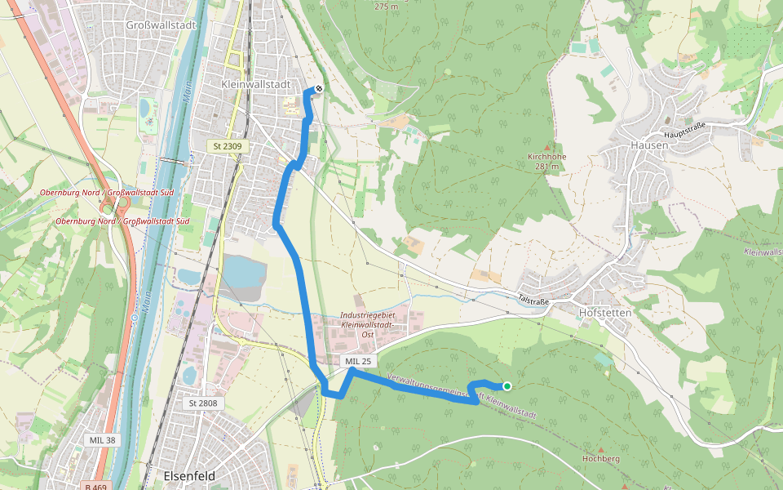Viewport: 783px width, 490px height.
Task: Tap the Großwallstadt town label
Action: [x=161, y=25]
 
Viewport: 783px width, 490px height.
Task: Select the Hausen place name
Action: [x=649, y=145]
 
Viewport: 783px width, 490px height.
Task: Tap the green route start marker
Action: [x=507, y=386]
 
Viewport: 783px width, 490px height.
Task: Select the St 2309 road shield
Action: [x=228, y=146]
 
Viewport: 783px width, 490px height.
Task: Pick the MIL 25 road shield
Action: [x=358, y=361]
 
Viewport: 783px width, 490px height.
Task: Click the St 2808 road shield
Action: [x=203, y=403]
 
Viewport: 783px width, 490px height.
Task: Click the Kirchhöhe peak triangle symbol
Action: [x=546, y=147]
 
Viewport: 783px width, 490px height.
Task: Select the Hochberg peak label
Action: [x=601, y=459]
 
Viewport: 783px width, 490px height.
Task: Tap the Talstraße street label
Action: [x=534, y=299]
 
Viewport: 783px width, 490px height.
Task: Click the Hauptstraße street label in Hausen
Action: [x=683, y=129]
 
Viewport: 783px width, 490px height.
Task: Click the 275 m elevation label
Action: [x=387, y=7]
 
